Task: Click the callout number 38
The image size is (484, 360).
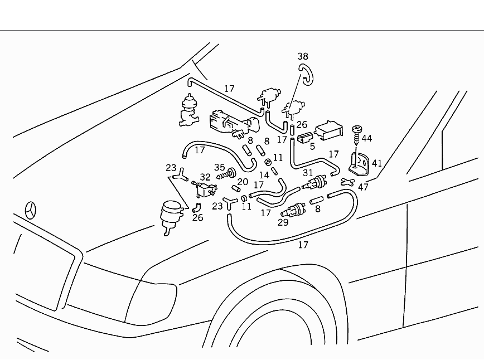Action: pos(302,56)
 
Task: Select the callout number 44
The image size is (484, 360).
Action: pos(366,138)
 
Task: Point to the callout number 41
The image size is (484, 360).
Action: pos(377,163)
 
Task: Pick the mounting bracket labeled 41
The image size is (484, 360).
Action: pos(357,161)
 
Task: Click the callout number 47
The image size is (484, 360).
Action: pos(364,187)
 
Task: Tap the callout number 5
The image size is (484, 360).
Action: pos(312,147)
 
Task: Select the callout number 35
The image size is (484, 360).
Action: pos(219,167)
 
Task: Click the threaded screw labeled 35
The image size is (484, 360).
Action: pos(224,176)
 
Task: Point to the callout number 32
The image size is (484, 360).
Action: pos(205,177)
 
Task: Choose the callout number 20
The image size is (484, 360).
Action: pos(242,182)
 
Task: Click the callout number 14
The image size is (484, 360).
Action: pos(264,175)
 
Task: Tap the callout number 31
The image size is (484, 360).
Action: pos(308,173)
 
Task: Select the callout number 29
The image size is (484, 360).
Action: pos(283,222)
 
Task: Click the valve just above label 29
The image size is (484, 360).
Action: pos(293,211)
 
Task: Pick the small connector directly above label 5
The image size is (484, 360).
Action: pos(304,138)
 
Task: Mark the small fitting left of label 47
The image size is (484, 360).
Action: pos(347,181)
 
